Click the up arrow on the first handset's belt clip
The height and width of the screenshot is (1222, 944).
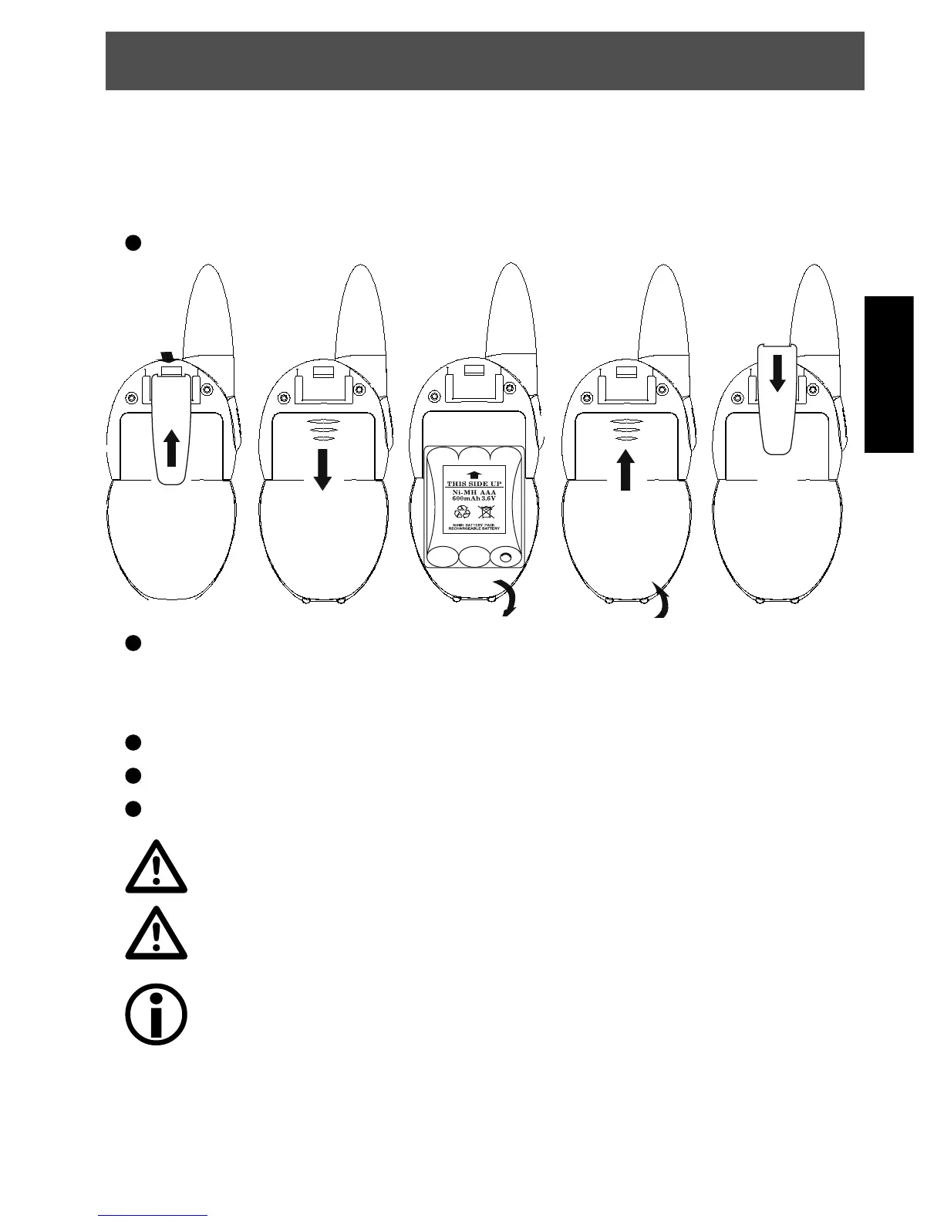[x=172, y=447]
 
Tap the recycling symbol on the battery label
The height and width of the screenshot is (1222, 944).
[x=462, y=511]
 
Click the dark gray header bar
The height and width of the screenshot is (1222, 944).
[x=484, y=61]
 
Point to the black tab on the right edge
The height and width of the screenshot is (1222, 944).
[x=888, y=374]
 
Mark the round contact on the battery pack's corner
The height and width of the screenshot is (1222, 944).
[x=506, y=556]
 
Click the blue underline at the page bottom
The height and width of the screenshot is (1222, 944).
[x=154, y=1216]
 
